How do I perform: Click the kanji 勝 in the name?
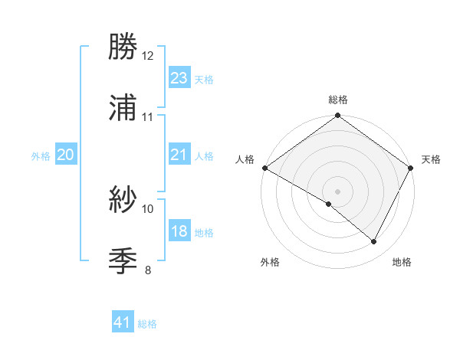(123, 47)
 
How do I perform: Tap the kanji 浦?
(123, 108)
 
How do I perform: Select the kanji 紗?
(123, 200)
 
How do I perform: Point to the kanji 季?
(123, 261)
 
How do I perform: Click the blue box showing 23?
(179, 77)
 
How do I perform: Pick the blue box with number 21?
(179, 155)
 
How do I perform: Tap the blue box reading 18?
(179, 231)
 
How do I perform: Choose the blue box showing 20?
(65, 155)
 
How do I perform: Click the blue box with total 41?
(123, 322)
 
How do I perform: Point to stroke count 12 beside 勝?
(148, 56)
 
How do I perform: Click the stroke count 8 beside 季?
(148, 270)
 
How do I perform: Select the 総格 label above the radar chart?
(338, 100)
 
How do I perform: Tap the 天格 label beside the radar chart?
(431, 159)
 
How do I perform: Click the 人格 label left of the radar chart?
(245, 159)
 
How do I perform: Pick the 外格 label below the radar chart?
(270, 262)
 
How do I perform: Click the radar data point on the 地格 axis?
(374, 242)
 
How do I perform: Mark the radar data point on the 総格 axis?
(338, 116)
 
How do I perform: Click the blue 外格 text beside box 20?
(41, 155)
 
